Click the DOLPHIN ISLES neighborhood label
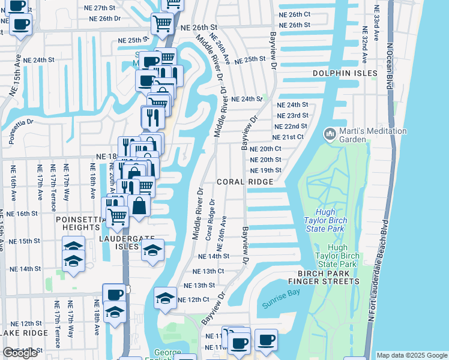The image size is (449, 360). point(345,73)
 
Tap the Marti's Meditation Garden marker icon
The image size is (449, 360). point(330,133)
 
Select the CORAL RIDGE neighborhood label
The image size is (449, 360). point(245,181)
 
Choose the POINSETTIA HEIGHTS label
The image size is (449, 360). point(77,223)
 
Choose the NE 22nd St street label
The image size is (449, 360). point(291,127)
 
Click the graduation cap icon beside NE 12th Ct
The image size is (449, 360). point(165,298)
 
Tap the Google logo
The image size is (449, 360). point(20,353)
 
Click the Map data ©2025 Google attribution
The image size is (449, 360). point(411,355)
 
